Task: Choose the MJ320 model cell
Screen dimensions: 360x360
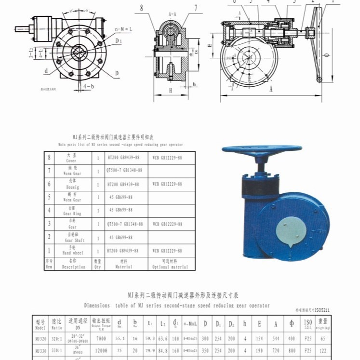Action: coord(40,338)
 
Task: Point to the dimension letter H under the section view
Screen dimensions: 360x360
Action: coord(171,90)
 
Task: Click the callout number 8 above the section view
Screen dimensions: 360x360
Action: coord(142,8)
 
